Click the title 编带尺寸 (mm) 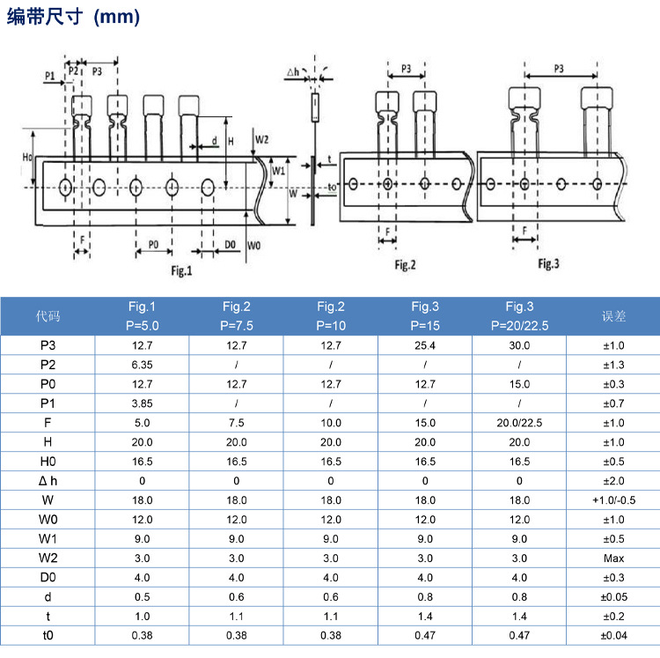click(73, 18)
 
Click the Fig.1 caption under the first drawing click(180, 270)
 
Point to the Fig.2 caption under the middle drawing click(405, 264)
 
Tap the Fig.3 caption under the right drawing click(549, 263)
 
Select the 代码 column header click(48, 315)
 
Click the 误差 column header click(612, 315)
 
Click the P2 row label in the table click(48, 365)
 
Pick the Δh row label click(48, 480)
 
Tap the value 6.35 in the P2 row click(142, 365)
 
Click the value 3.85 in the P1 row click(142, 403)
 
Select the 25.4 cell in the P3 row click(425, 345)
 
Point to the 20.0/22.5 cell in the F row click(519, 423)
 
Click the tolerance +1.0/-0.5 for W click(613, 500)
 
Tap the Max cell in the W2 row click(613, 558)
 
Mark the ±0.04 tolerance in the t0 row click(613, 636)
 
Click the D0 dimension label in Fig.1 click(230, 243)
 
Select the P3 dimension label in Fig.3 click(560, 69)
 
